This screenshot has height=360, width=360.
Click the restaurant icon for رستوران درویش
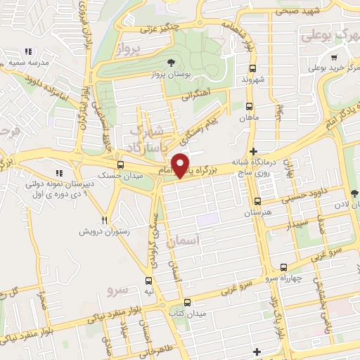pos(104,219)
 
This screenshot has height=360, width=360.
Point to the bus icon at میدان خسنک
pos(120,165)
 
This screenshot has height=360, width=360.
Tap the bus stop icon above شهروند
pos(252,68)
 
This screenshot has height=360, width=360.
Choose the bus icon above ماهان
pos(249,105)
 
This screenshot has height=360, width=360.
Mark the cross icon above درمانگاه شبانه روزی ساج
pos(253,151)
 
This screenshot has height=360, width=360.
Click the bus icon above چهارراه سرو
pos(283,266)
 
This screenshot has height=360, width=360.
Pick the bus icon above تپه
pos(148,278)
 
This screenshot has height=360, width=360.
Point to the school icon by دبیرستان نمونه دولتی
pos(60,174)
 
